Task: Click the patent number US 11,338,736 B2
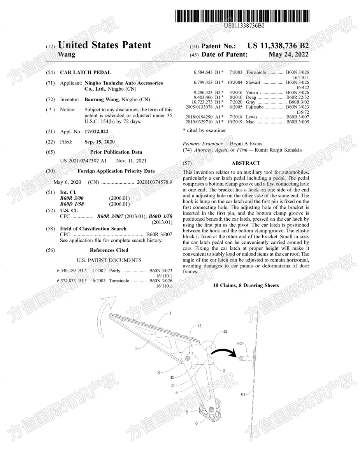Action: [x=278, y=46]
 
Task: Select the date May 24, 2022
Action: [x=288, y=54]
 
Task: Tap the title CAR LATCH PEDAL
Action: [x=86, y=72]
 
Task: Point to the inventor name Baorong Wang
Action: [x=102, y=99]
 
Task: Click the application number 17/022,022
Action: [x=97, y=132]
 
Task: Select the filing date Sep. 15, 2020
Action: [x=99, y=142]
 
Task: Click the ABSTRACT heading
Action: [x=246, y=163]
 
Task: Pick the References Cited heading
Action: [x=109, y=250]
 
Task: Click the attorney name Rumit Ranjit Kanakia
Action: [x=278, y=150]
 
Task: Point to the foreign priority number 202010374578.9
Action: [x=154, y=182]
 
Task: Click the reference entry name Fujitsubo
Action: [x=255, y=107]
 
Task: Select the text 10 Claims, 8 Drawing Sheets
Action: [x=246, y=286]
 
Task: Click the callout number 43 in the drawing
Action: [x=225, y=332]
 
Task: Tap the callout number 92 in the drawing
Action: [x=240, y=344]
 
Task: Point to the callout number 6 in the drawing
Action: [x=197, y=423]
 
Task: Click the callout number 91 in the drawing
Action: [x=243, y=395]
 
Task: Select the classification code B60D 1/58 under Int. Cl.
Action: [x=72, y=204]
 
